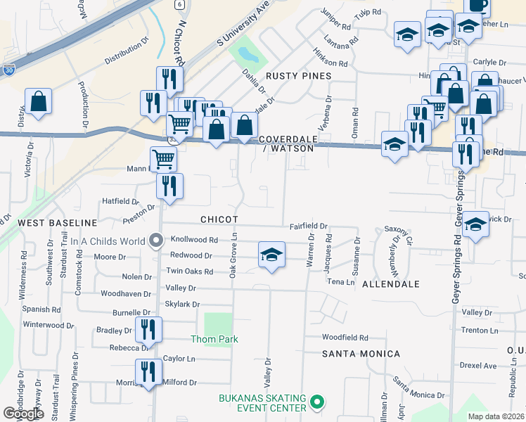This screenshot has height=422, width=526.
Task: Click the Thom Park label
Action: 214,339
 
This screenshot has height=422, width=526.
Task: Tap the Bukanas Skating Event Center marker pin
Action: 317,403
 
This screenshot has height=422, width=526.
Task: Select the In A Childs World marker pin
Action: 156,241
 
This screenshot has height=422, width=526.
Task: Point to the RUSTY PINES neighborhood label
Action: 297,75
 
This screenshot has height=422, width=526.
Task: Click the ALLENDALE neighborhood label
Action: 391,284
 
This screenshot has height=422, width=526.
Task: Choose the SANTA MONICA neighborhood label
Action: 361,354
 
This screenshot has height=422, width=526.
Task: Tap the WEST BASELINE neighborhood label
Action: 47,222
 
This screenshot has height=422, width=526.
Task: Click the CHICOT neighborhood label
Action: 219,219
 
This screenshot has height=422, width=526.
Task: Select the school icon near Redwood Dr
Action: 271,255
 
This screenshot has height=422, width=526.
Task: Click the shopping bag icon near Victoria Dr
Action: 38,101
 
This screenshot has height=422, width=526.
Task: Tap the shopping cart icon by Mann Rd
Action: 164,159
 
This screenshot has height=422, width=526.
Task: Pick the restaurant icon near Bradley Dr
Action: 148,329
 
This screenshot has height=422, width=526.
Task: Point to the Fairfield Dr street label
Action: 309,226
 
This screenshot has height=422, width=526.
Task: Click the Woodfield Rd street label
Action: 345,338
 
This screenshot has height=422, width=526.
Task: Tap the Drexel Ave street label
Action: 478,366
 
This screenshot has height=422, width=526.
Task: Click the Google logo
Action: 24,414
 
